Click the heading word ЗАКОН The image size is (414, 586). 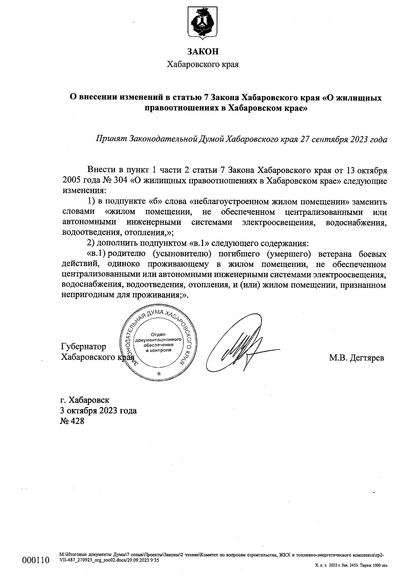(203, 51)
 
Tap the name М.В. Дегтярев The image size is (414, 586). (356, 358)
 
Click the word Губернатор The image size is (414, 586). (83, 346)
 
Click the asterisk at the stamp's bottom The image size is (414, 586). (158, 374)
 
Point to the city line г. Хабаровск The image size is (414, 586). (85, 400)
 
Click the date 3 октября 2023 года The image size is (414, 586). (99, 411)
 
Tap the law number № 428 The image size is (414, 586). (72, 421)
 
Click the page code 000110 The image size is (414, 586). (36, 560)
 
